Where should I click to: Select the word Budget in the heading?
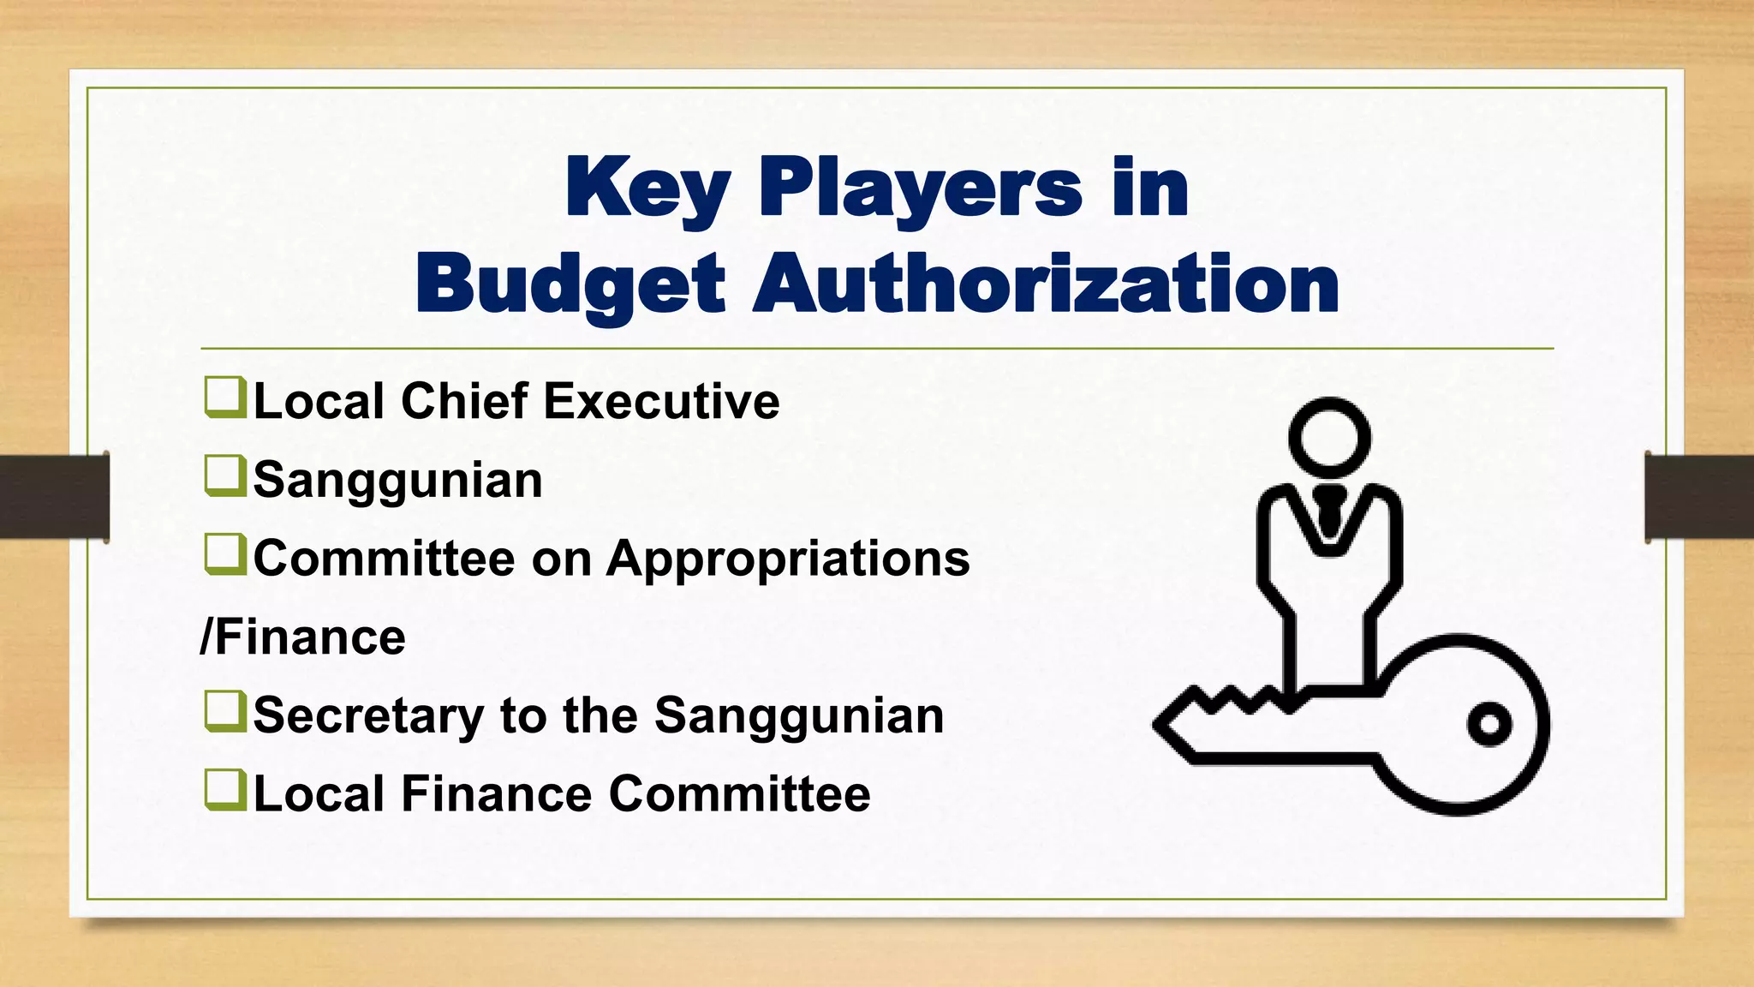pyautogui.click(x=570, y=284)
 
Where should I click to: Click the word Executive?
pyautogui.click(x=661, y=401)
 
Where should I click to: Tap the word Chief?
pyautogui.click(x=463, y=401)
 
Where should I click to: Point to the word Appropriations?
pyautogui.click(x=788, y=559)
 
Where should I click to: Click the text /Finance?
pyautogui.click(x=302, y=637)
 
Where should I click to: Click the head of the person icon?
pyautogui.click(x=1329, y=438)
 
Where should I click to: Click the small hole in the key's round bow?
pyautogui.click(x=1489, y=724)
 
